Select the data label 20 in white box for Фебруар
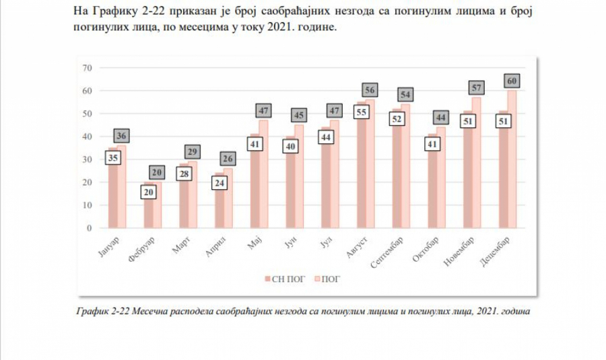150,192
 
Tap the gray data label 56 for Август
370,90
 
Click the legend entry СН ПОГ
282,277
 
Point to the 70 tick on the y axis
86,67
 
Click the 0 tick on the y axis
89,228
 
